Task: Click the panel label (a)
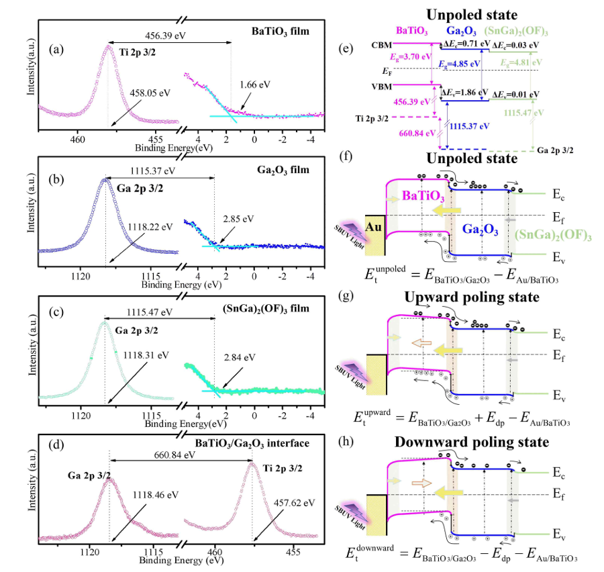click(56, 48)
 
